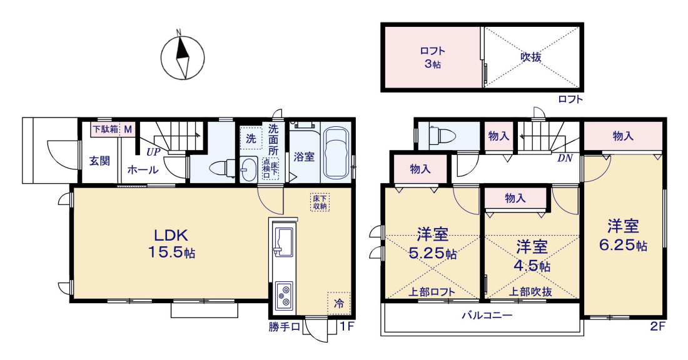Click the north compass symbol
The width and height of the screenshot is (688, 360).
click(183, 57)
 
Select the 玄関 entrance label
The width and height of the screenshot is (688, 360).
click(99, 161)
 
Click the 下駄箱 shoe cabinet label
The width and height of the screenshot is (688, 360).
click(105, 129)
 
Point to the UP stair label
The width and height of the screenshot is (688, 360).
click(153, 152)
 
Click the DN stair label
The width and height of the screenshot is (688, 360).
click(565, 158)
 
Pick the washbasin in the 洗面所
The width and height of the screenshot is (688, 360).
click(249, 169)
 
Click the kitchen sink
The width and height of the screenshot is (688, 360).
click(283, 241)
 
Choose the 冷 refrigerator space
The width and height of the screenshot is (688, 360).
click(339, 303)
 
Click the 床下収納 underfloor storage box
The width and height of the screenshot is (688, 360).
click(320, 202)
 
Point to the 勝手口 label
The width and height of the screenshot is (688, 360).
click(285, 327)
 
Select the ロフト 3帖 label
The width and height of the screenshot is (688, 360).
click(433, 57)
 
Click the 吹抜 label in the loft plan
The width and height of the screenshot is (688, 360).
click(531, 57)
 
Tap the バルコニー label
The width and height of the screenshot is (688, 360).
click(487, 316)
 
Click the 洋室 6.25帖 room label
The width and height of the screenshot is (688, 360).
click(623, 235)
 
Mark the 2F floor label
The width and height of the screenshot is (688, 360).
click(658, 326)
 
